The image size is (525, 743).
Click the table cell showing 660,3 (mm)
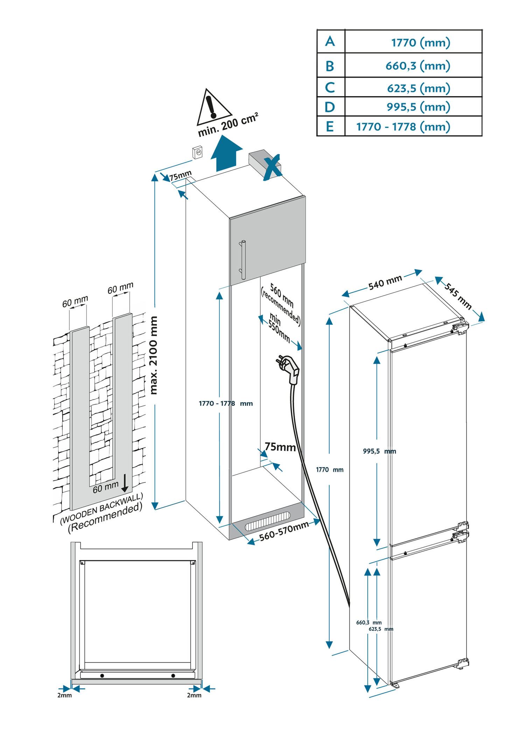[418, 65]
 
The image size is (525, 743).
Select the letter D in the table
[330, 107]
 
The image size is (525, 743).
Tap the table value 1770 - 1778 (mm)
[403, 126]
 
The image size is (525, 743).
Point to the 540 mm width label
[385, 283]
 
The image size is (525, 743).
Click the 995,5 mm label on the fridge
[379, 451]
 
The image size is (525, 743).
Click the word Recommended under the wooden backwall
[105, 518]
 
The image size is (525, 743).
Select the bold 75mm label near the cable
[280, 447]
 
